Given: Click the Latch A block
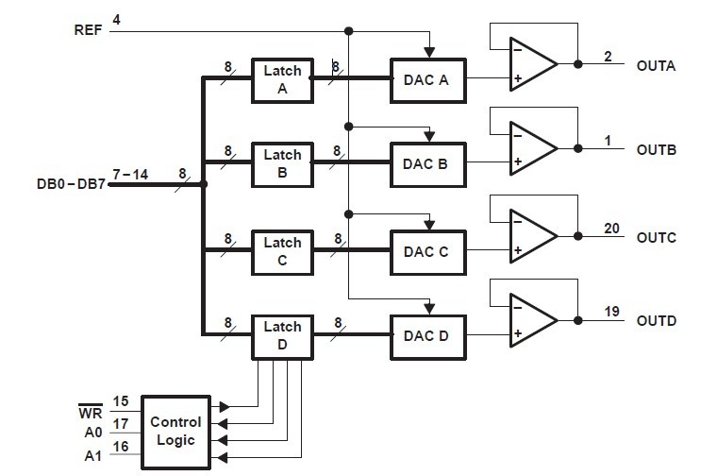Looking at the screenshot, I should (282, 79).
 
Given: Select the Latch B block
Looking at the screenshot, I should (282, 164).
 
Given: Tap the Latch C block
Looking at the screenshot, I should (282, 250).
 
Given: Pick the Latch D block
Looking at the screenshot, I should (282, 336).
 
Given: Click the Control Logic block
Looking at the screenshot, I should (175, 432).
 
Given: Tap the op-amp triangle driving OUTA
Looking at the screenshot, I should (530, 64).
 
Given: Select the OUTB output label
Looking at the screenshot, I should (657, 150).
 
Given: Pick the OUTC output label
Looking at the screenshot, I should (657, 236).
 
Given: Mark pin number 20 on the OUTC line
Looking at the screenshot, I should (612, 228).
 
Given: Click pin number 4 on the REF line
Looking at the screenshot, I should (116, 20).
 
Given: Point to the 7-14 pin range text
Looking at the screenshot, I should (130, 175).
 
